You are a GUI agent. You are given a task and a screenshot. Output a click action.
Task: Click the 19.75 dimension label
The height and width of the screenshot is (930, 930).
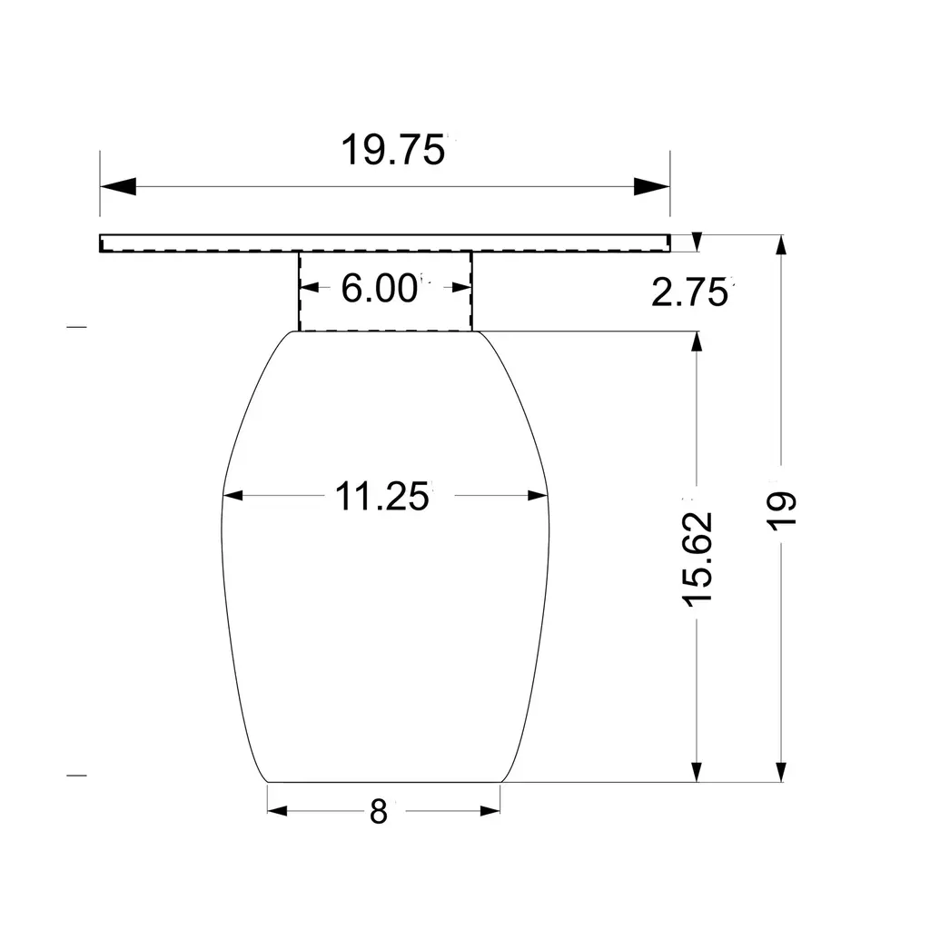click(x=392, y=150)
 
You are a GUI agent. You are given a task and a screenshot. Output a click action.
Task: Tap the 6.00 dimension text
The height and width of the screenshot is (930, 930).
click(x=379, y=288)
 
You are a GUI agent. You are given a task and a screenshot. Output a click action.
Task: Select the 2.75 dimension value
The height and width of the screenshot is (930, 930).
click(x=689, y=292)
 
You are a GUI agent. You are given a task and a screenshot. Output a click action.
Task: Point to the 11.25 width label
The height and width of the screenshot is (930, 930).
click(x=381, y=496)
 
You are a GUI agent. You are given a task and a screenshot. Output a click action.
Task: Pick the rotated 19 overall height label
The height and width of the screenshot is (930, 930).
click(x=781, y=510)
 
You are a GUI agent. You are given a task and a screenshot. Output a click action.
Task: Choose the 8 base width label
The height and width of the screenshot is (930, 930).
click(x=379, y=811)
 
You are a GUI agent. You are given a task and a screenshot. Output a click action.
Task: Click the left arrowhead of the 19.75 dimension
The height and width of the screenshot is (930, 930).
click(x=118, y=186)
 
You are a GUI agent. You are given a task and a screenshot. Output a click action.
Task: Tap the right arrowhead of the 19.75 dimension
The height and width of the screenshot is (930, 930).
click(x=652, y=186)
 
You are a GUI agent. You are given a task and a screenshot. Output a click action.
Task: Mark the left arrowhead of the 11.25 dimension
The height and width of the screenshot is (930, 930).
click(x=233, y=495)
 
